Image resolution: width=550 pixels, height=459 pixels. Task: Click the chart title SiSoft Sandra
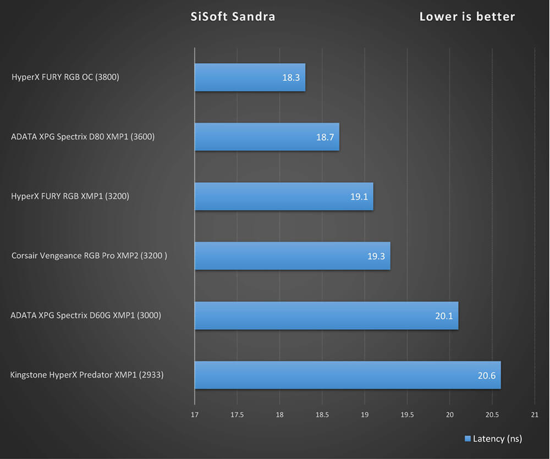233,16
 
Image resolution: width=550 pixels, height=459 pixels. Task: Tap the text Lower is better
467,16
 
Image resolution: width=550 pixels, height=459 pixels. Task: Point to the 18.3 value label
291,78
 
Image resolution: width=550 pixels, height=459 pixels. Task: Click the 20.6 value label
486,376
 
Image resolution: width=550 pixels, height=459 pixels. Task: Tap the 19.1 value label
359,197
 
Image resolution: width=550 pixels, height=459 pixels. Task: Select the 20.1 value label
444,316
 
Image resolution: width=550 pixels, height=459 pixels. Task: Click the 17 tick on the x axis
195,415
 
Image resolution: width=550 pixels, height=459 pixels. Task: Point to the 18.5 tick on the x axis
322,415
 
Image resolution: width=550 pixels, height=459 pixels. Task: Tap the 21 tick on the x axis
535,415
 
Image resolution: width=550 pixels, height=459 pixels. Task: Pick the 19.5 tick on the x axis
407,415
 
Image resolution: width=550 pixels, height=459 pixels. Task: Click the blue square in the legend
468,439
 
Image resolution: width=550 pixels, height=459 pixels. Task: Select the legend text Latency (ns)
497,439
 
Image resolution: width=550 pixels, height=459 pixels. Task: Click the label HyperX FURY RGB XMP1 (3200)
70,196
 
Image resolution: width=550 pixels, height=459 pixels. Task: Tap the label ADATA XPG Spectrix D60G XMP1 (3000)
86,316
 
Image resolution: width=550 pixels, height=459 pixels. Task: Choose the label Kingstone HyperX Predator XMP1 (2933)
87,375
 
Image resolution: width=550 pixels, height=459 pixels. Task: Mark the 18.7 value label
325,137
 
